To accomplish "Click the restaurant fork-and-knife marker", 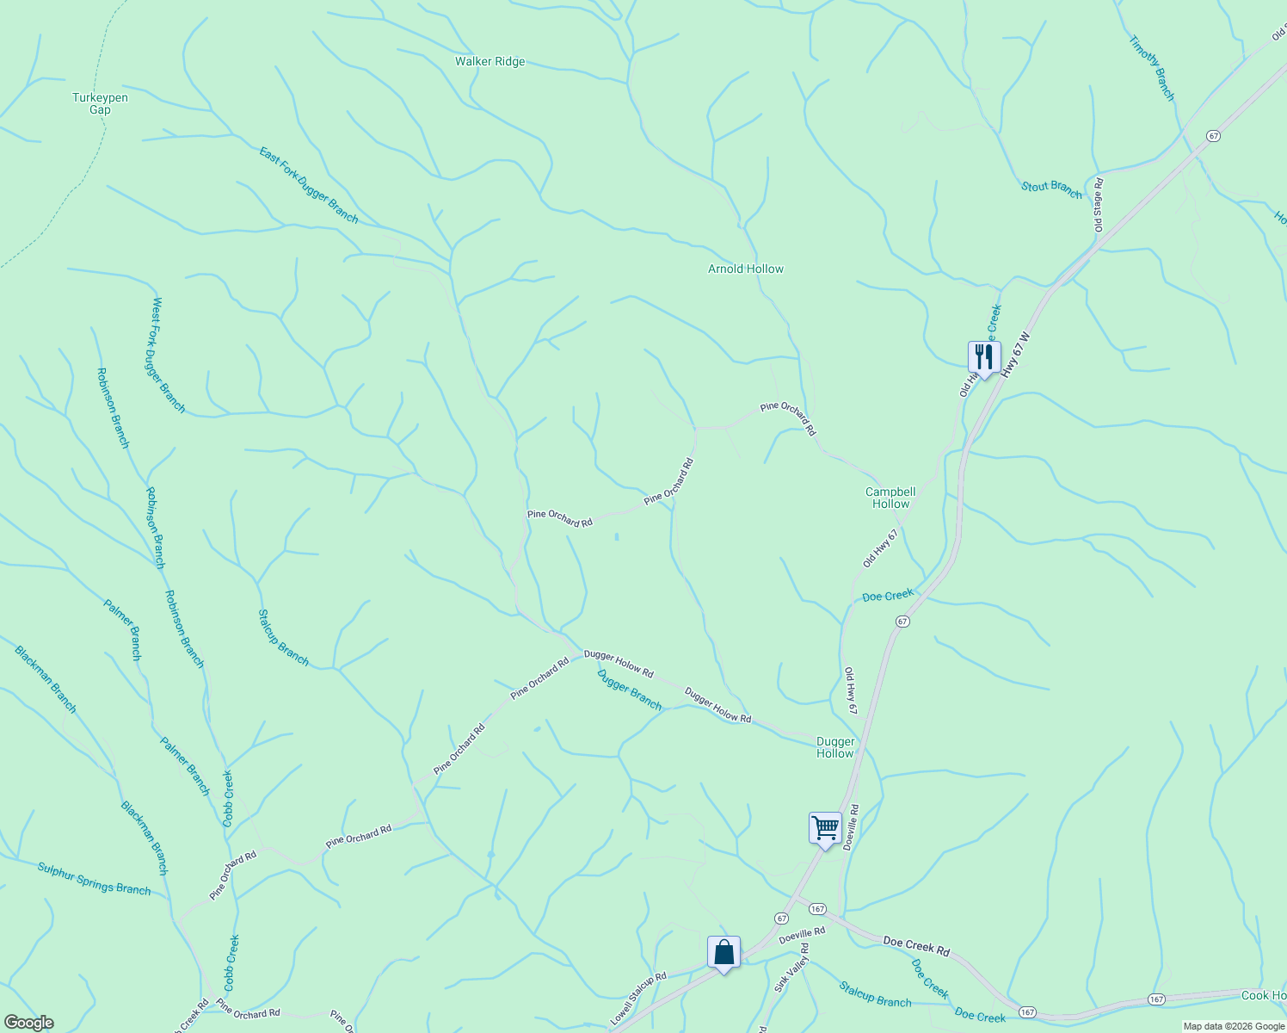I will click(x=983, y=356).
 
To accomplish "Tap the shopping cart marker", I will click(x=825, y=828).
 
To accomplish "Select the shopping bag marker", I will click(x=724, y=952).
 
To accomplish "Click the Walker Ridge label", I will click(x=490, y=62).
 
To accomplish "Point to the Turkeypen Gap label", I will click(x=100, y=103).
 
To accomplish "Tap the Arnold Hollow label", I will click(x=745, y=269).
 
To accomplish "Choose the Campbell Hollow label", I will click(x=890, y=498).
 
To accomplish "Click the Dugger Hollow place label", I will click(x=834, y=747).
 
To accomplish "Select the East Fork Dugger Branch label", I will click(x=309, y=184).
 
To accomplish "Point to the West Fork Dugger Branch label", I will click(x=169, y=355).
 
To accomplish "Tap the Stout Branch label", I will click(x=1051, y=189).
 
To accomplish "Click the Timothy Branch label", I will click(x=1151, y=68).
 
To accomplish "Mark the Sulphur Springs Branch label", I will click(x=94, y=878).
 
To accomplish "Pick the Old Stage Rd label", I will click(x=1099, y=204).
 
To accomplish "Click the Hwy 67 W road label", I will click(x=1016, y=354).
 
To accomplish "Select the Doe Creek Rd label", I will click(x=916, y=947).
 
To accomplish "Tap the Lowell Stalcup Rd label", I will click(x=638, y=999).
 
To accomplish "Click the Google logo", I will click(x=28, y=1023).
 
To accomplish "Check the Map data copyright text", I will click(x=1234, y=1026).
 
